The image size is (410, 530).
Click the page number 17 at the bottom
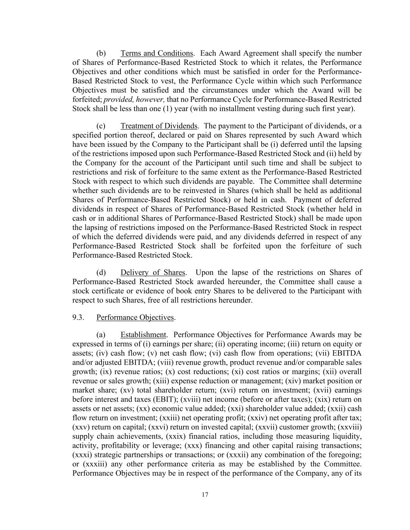click(x=205, y=495)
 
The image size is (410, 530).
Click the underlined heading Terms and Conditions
click(x=157, y=53)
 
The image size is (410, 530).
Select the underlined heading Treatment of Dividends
click(x=159, y=126)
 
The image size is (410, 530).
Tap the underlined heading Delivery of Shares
click(x=153, y=273)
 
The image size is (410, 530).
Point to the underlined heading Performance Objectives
click(x=135, y=318)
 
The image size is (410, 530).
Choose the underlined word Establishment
click(x=143, y=335)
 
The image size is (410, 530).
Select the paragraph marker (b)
click(x=101, y=53)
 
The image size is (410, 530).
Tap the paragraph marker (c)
click(x=101, y=126)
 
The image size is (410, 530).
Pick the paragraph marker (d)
click(x=101, y=273)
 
